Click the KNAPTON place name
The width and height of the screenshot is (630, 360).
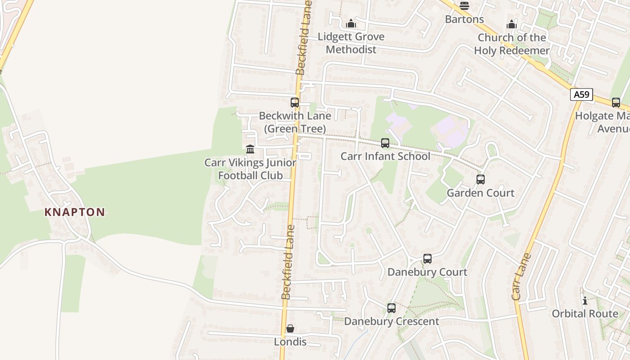pyautogui.click(x=75, y=212)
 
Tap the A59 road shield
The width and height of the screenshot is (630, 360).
pyautogui.click(x=581, y=94)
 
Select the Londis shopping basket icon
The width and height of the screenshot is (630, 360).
pyautogui.click(x=290, y=329)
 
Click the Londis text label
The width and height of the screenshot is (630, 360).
pyautogui.click(x=290, y=342)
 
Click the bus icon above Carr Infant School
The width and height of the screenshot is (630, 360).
pyautogui.click(x=385, y=143)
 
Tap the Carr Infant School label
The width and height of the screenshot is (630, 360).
pyautogui.click(x=385, y=156)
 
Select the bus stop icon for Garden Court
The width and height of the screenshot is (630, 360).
pyautogui.click(x=481, y=180)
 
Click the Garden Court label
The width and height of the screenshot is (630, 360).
pyautogui.click(x=481, y=193)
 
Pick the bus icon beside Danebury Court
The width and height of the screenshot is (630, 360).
pyautogui.click(x=427, y=259)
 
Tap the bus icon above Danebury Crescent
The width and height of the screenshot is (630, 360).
pyautogui.click(x=391, y=308)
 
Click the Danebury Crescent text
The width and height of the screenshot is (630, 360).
pyautogui.click(x=391, y=321)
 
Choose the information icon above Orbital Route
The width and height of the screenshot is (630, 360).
pyautogui.click(x=585, y=301)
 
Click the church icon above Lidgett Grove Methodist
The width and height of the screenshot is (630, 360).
pyautogui.click(x=351, y=23)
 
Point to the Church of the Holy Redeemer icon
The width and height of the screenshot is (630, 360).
pyautogui.click(x=512, y=24)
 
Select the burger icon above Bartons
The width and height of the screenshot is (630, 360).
pyautogui.click(x=464, y=6)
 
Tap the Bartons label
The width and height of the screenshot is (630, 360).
pyautogui.click(x=464, y=19)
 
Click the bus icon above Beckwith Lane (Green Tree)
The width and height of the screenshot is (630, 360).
pyautogui.click(x=295, y=103)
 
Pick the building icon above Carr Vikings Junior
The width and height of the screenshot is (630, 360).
pyautogui.click(x=250, y=149)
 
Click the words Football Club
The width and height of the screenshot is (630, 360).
pyautogui.click(x=250, y=175)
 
